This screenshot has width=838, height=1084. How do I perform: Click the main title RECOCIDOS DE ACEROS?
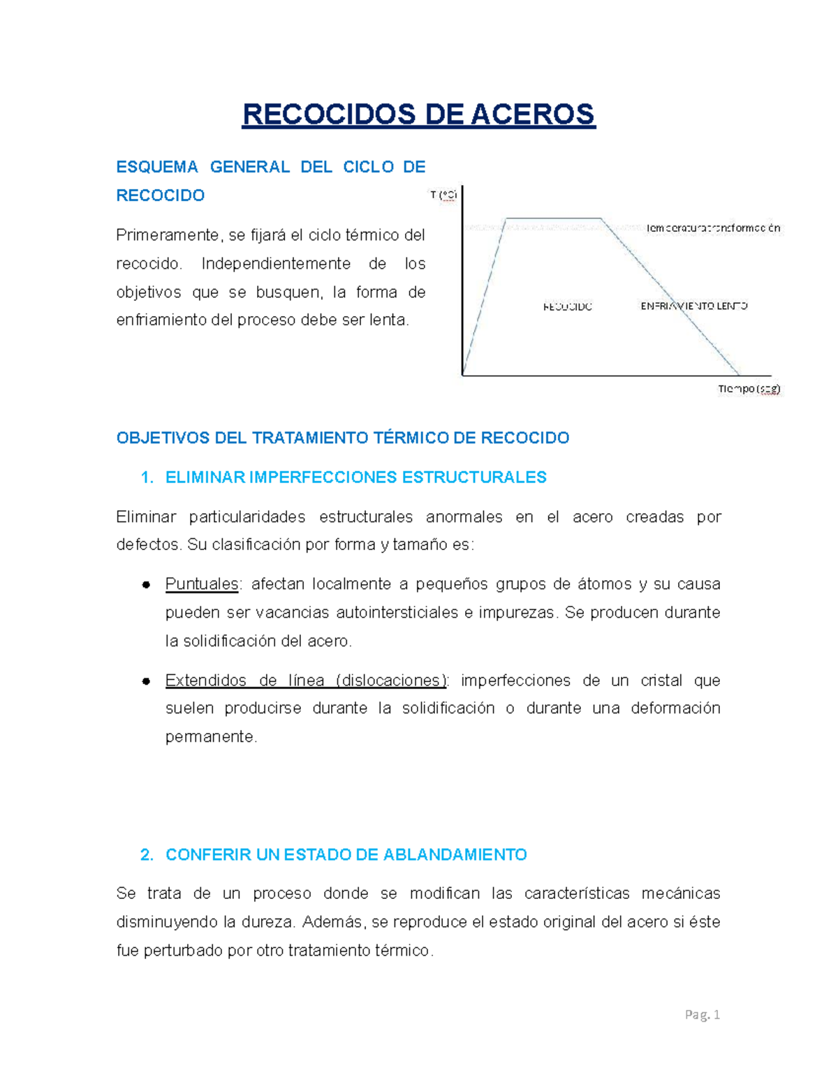click(418, 114)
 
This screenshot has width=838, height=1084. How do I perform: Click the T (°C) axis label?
click(443, 195)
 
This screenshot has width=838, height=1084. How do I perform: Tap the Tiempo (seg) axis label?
click(749, 389)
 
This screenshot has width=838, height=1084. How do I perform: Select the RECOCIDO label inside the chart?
click(567, 306)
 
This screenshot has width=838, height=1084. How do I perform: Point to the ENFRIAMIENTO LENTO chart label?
click(693, 306)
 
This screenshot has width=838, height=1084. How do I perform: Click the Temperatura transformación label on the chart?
click(712, 228)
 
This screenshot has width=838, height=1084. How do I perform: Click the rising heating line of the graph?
click(484, 297)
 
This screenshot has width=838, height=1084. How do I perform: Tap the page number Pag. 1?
click(702, 1015)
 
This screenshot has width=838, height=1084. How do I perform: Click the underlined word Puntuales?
click(202, 584)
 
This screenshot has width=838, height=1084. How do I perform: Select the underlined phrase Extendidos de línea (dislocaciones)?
click(305, 681)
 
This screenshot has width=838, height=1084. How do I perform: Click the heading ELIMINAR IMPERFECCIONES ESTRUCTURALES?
click(355, 477)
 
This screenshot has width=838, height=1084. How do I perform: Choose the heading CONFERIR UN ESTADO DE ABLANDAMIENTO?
click(346, 855)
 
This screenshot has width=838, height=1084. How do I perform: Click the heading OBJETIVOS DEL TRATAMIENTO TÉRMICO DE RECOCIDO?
click(342, 438)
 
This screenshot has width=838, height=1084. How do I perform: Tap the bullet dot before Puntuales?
click(147, 585)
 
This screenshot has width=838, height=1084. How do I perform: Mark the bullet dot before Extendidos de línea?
click(147, 681)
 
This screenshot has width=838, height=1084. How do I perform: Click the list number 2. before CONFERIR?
click(147, 855)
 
